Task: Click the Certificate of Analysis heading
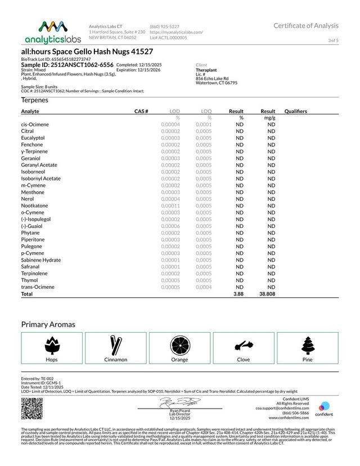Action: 306,25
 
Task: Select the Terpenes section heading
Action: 35,100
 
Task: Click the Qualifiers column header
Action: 296,111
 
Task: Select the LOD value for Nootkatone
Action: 170,206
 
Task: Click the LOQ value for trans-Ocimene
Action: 204,287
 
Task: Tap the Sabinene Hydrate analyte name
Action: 41,260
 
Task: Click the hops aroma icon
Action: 52,344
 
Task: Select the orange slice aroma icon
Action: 179,344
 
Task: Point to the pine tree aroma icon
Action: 307,344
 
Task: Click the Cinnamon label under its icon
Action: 115,359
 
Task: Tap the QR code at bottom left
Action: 31,408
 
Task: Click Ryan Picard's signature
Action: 179,402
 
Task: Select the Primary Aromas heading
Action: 48,324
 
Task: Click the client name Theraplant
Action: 207,70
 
